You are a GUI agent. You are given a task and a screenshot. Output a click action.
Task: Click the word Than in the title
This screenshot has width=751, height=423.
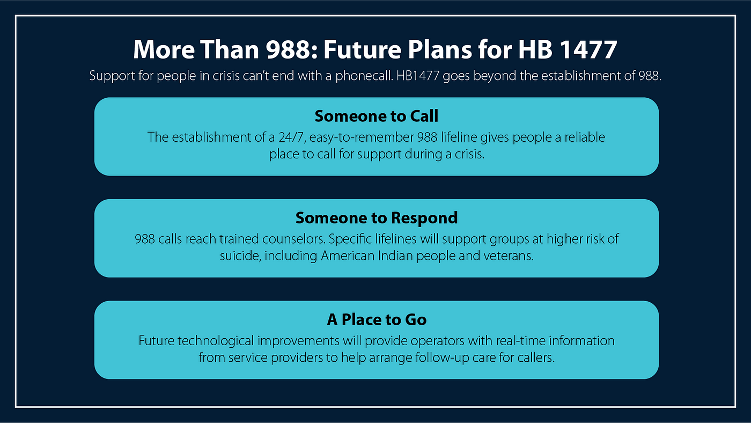[x=230, y=49]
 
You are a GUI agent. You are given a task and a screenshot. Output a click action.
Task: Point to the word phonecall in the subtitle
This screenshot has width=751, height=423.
[x=364, y=76]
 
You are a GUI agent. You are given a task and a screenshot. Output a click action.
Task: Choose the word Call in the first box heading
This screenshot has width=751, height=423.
[x=424, y=116]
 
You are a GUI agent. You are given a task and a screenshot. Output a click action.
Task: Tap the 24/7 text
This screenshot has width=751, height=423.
[x=291, y=137]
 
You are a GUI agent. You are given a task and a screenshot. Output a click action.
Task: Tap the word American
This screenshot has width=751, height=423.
[x=348, y=256]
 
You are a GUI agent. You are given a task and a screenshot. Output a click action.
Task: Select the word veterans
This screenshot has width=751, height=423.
[x=509, y=256]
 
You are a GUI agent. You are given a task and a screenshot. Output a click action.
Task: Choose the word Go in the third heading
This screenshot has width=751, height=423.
[x=416, y=320]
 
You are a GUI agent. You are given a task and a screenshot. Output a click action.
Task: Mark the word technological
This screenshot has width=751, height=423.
[x=216, y=341]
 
